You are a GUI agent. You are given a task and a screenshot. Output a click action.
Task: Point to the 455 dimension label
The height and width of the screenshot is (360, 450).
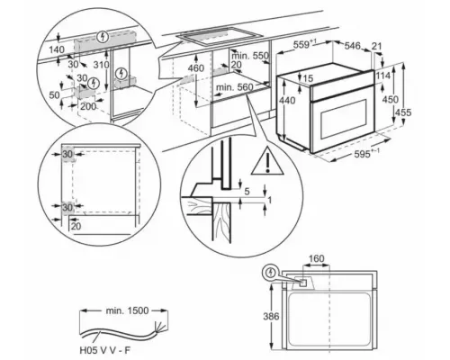tap(429, 112)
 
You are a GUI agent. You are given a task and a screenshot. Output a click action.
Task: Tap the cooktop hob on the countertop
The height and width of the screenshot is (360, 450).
tap(212, 39)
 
